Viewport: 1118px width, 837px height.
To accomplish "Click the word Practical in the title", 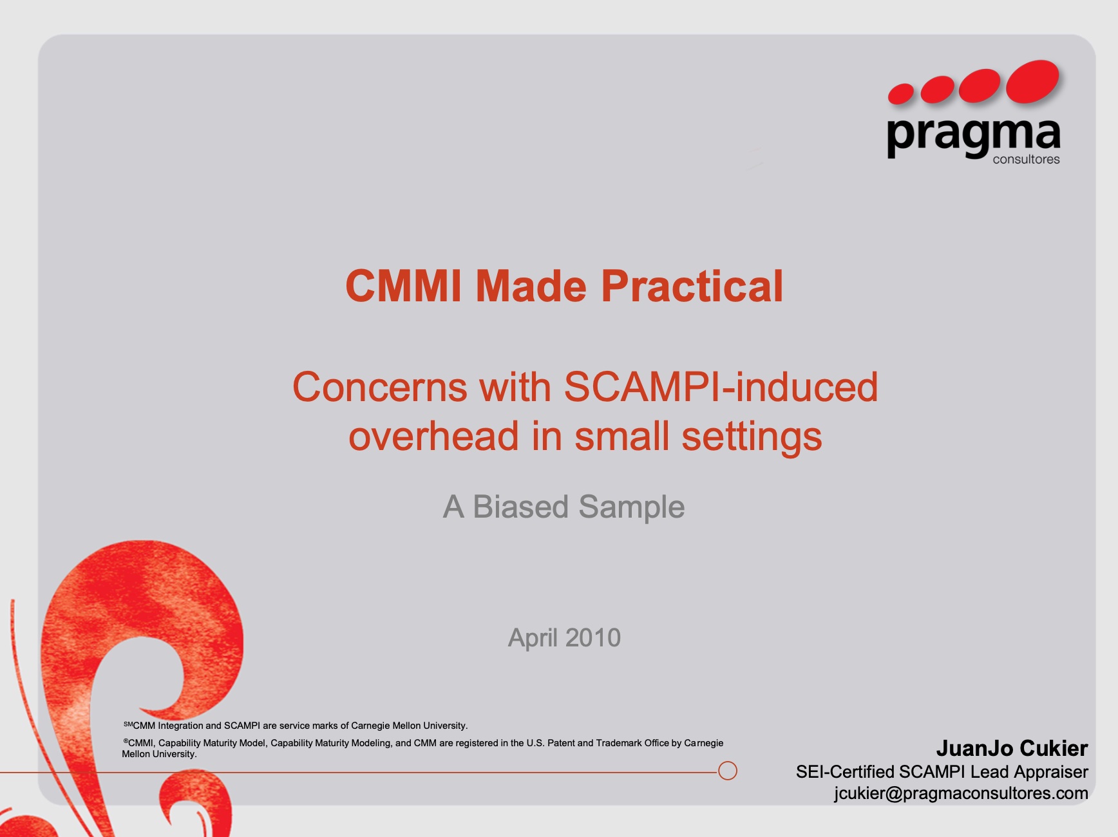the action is point(692,286).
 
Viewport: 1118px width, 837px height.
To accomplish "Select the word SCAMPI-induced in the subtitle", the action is point(721,387).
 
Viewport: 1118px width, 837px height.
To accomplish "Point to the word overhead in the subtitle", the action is point(434,436).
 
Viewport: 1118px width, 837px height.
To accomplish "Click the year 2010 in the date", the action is point(593,638).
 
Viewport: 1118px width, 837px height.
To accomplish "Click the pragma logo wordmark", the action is point(973,136).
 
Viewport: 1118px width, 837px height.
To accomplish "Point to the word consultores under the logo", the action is point(1026,160).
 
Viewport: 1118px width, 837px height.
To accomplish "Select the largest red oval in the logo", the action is point(1033,82).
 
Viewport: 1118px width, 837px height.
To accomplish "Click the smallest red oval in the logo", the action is point(901,94).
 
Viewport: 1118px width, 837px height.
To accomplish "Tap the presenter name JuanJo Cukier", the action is point(1012,748).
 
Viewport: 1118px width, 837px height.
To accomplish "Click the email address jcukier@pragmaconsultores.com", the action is point(961,793).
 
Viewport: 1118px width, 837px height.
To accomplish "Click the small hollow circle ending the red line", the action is point(728,762).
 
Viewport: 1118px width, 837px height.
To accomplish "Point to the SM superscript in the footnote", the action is point(128,724).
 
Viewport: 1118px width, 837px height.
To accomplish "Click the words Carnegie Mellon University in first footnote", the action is point(409,726).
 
